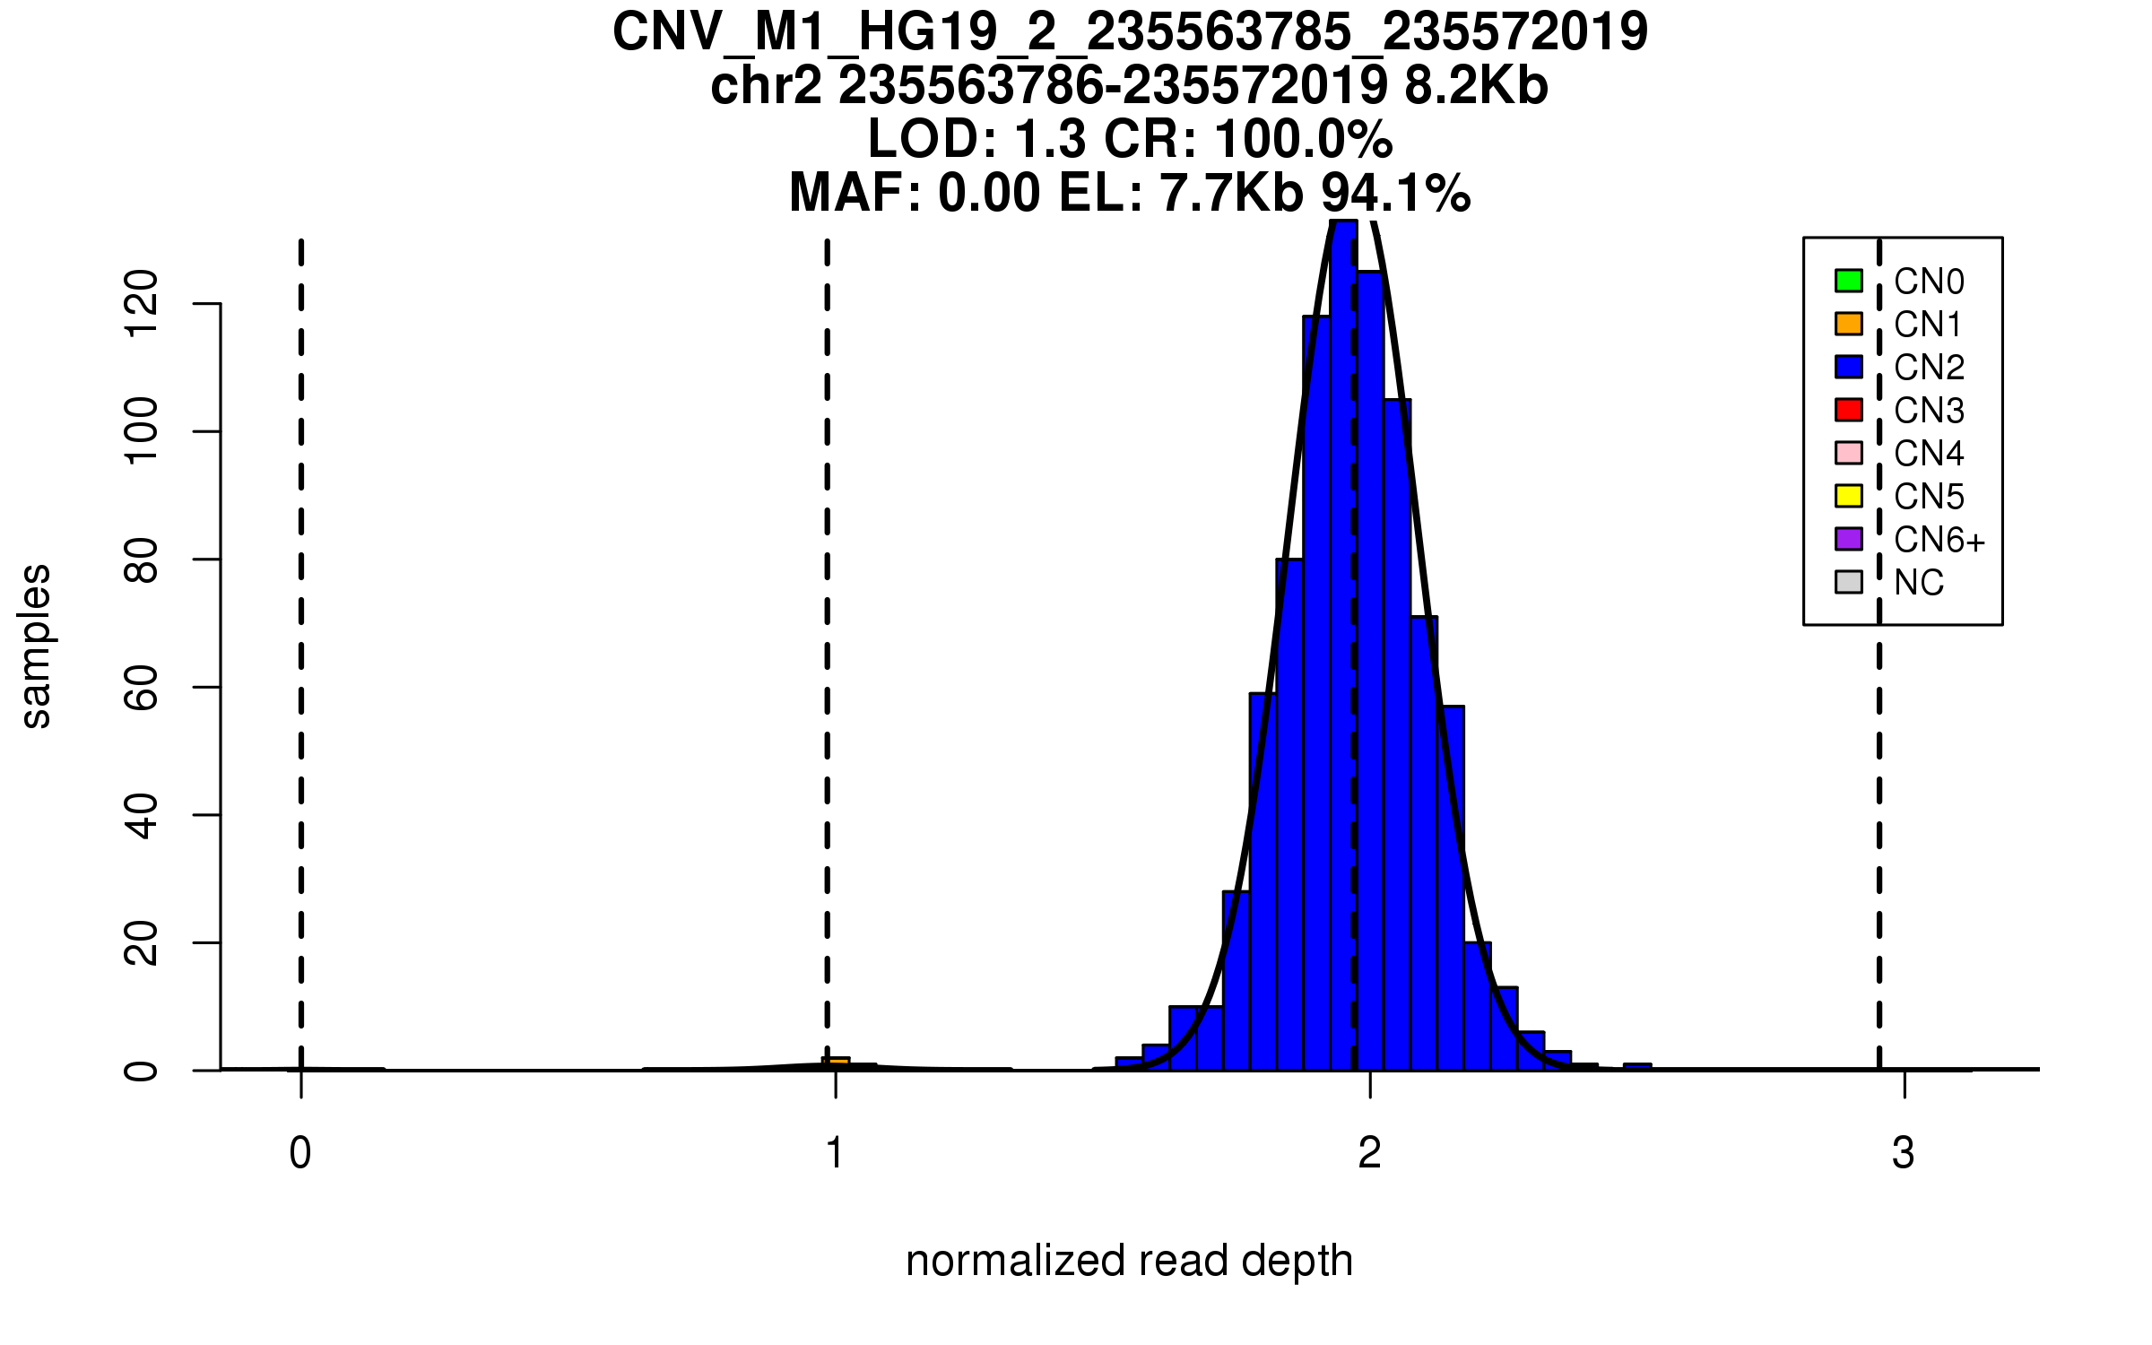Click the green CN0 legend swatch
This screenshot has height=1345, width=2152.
click(1849, 281)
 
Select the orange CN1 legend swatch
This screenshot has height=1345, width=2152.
click(1849, 324)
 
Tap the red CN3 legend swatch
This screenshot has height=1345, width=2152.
click(1849, 410)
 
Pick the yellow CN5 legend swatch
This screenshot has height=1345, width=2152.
click(1849, 496)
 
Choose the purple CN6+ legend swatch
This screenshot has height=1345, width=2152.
click(1849, 539)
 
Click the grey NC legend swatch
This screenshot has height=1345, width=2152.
click(1849, 582)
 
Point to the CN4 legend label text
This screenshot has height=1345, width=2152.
click(1929, 454)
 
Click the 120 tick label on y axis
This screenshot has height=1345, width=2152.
click(142, 305)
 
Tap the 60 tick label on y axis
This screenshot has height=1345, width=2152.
click(142, 688)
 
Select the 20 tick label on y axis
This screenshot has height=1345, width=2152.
click(142, 943)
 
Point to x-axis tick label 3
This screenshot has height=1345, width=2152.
click(1903, 1153)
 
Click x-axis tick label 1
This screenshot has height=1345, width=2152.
click(835, 1153)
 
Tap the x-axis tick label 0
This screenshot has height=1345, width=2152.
click(300, 1153)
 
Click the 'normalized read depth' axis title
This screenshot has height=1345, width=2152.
click(1129, 1261)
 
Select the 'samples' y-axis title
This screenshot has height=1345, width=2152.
click(36, 646)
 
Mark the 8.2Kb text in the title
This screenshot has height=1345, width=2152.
click(1476, 86)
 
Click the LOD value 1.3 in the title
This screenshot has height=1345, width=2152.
click(1050, 140)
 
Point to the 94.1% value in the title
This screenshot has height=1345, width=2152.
click(1396, 193)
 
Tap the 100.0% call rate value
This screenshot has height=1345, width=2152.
click(1304, 140)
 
